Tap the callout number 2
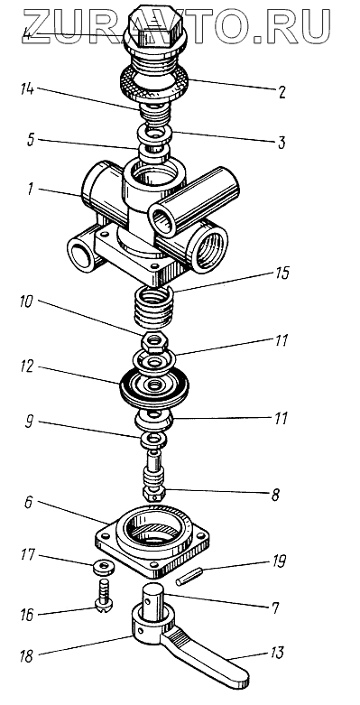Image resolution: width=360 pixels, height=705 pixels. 281,92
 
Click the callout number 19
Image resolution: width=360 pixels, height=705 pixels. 277,561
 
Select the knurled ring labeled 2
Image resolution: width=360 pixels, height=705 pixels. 155,86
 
